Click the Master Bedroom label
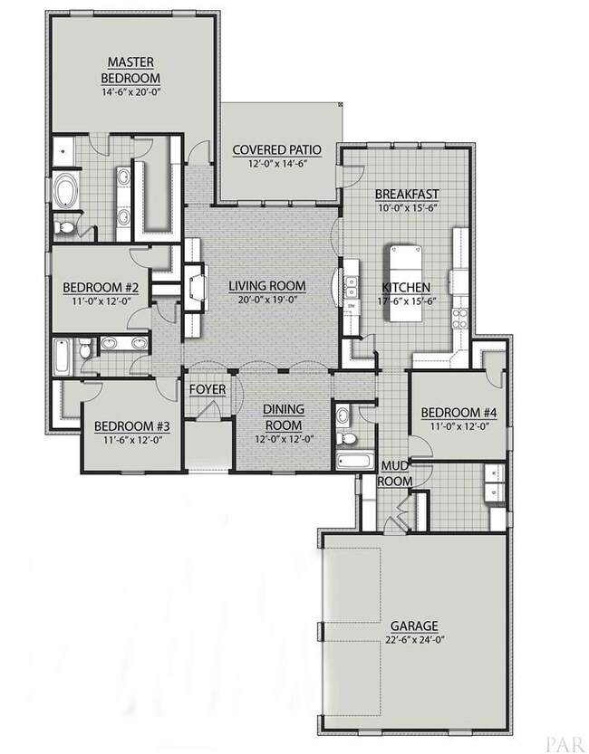click(x=130, y=70)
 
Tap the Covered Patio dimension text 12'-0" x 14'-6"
click(x=277, y=164)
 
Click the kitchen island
click(x=406, y=283)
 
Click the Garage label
click(x=414, y=625)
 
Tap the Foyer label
click(x=208, y=389)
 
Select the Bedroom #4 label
click(x=459, y=413)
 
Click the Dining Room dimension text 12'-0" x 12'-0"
click(x=284, y=439)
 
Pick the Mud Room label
click(x=395, y=473)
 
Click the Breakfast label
click(x=407, y=194)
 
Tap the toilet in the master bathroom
click(x=63, y=227)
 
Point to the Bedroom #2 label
click(x=101, y=288)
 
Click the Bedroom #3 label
click(x=131, y=426)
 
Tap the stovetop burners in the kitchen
click(x=460, y=318)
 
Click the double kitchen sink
click(x=352, y=287)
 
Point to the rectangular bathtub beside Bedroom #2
click(x=61, y=358)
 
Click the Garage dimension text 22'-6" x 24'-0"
click(x=413, y=640)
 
